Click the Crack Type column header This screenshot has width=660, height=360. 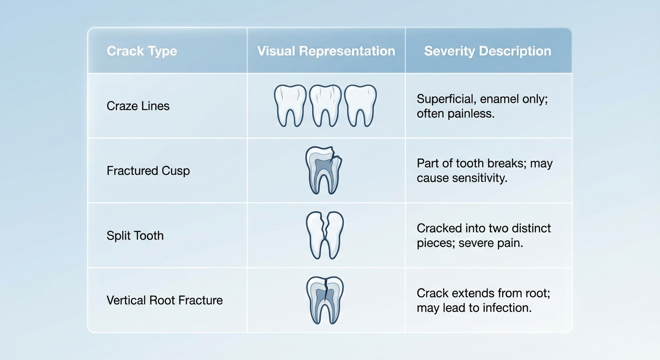click(142, 51)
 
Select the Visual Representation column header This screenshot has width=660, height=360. click(326, 51)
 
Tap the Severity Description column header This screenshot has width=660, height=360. click(487, 51)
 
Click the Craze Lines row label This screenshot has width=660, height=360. click(138, 106)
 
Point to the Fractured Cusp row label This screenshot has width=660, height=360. click(148, 171)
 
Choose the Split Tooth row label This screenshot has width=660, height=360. click(135, 235)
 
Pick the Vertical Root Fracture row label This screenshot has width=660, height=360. click(165, 300)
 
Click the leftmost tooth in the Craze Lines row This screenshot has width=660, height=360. click(290, 105)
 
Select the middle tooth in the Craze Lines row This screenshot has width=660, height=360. click(325, 105)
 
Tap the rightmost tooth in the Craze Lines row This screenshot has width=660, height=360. click(360, 105)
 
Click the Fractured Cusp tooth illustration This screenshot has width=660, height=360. click(324, 170)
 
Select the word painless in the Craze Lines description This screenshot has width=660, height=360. click(474, 113)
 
